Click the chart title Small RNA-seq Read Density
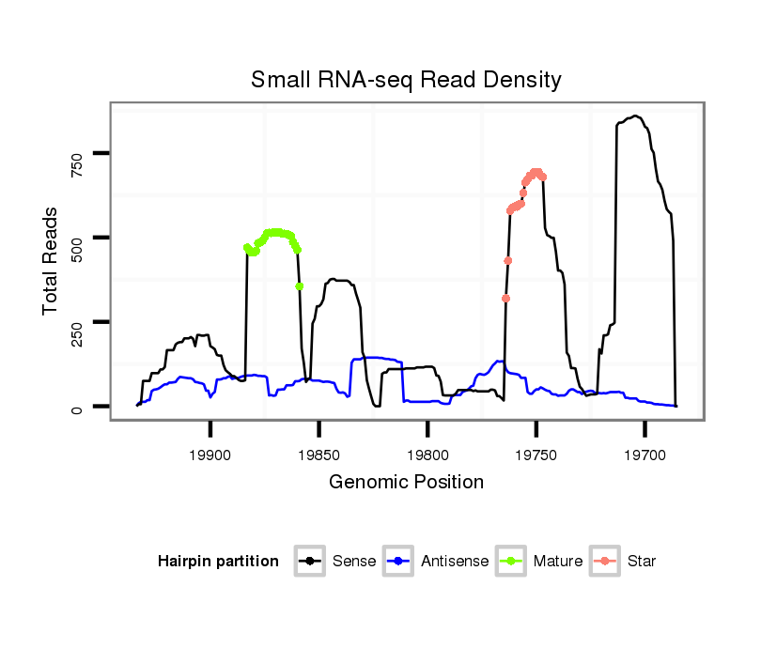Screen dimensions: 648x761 [406, 80]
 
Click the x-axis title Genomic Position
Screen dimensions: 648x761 [406, 483]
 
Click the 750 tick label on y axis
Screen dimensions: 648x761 [78, 152]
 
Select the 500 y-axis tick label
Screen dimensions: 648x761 [78, 238]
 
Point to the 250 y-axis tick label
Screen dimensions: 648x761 [78, 322]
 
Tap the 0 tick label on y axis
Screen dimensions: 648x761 [78, 408]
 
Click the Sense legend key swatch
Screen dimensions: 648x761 [310, 562]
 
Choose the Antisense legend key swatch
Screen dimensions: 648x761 [399, 562]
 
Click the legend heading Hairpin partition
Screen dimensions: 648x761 [218, 562]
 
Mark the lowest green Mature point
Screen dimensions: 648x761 [300, 286]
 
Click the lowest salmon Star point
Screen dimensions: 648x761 [505, 299]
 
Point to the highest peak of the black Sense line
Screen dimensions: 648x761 [636, 116]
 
